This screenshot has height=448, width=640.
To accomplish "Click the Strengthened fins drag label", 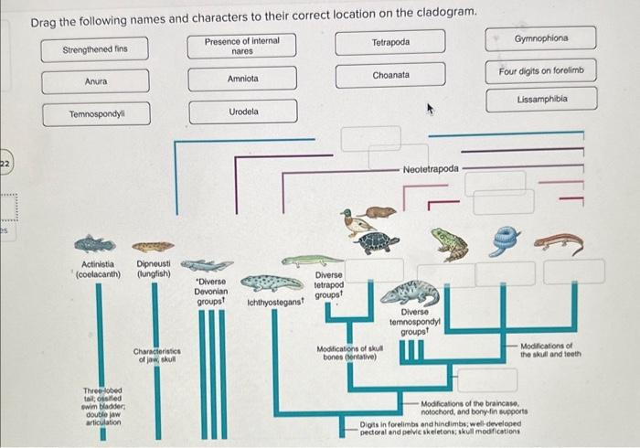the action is pyautogui.click(x=95, y=49).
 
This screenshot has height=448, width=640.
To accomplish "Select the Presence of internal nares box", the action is pyautogui.click(x=242, y=46).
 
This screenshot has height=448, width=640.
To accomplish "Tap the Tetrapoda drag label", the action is pyautogui.click(x=390, y=42).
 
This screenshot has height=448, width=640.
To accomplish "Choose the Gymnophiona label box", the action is pyautogui.click(x=541, y=39).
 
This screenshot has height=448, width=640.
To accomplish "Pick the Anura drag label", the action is pyautogui.click(x=95, y=81).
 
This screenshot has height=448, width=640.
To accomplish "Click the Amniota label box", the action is pyautogui.click(x=242, y=79).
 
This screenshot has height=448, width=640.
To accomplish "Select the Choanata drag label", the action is pyautogui.click(x=390, y=75).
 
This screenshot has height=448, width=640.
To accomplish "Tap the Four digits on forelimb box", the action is pyautogui.click(x=541, y=70).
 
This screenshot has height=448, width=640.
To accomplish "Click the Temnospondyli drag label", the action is pyautogui.click(x=95, y=114).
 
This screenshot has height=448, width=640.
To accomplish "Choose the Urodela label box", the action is pyautogui.click(x=242, y=112).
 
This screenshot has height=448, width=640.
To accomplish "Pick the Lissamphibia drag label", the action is pyautogui.click(x=541, y=99).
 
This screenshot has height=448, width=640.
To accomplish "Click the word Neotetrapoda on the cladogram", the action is pyautogui.click(x=430, y=169).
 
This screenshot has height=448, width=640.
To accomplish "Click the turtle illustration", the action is pyautogui.click(x=378, y=242).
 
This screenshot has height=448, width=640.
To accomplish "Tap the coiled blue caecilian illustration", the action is pyautogui.click(x=505, y=240).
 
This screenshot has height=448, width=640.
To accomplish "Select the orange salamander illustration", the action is pyautogui.click(x=558, y=242).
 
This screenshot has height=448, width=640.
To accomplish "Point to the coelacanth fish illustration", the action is pyautogui.click(x=95, y=244).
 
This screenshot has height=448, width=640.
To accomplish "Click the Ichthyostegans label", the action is pyautogui.click(x=275, y=301).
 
